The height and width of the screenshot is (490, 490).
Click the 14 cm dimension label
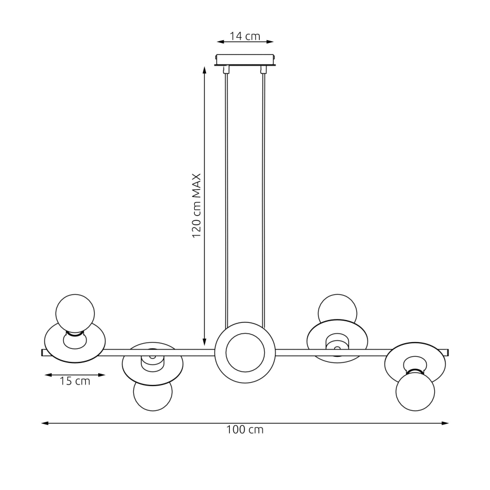coord(245,36)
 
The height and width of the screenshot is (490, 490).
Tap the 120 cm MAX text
coord(196,205)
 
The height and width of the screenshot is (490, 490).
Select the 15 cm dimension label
coord(75,381)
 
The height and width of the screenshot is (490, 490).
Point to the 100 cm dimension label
coord(245,430)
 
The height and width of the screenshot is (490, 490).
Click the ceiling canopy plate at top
coord(245,59)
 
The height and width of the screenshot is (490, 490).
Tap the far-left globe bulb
coord(75,313)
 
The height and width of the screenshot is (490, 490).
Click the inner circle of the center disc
coord(245,352)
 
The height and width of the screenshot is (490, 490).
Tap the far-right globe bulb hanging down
coord(415,391)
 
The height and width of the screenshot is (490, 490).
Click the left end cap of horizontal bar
coord(43,353)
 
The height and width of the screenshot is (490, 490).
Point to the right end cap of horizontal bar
coord(447,353)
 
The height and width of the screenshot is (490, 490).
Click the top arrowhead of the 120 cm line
coord(204,69)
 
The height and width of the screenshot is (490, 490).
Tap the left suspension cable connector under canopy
coord(226,70)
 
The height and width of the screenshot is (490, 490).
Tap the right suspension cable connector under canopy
coord(263,70)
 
